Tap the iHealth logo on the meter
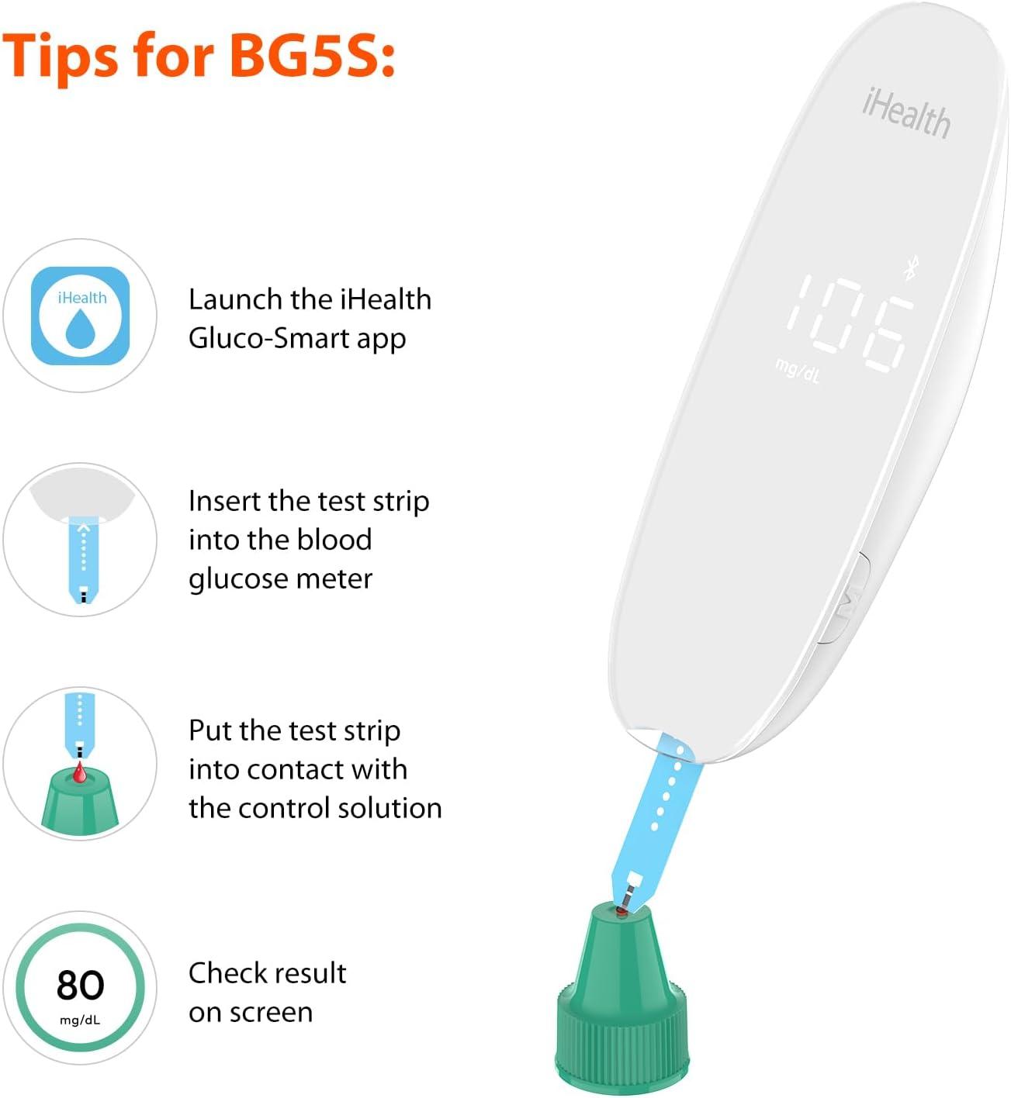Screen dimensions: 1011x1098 click(x=906, y=114)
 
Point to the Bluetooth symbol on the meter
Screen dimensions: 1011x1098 click(x=910, y=268)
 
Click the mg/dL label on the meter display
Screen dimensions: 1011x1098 click(x=798, y=371)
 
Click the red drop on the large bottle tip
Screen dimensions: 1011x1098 click(x=621, y=910)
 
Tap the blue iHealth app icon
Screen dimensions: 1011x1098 click(x=80, y=316)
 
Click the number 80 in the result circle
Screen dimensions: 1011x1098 click(x=80, y=985)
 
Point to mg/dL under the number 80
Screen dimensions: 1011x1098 click(x=80, y=1020)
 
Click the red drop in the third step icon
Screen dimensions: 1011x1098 click(x=80, y=772)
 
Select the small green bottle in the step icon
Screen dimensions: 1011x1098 click(x=80, y=800)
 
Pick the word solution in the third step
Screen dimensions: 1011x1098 click(x=390, y=808)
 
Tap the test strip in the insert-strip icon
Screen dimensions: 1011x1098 click(x=83, y=559)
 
